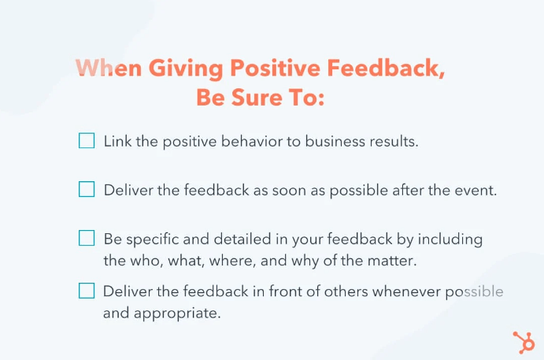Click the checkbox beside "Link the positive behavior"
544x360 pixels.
[87, 142]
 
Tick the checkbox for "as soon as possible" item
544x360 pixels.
[87, 190]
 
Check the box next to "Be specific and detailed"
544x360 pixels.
[87, 238]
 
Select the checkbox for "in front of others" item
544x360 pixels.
[87, 291]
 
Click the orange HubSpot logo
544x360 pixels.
[523, 342]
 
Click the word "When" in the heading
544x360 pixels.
[108, 69]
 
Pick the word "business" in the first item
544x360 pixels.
[335, 143]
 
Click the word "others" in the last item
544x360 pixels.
[319, 291]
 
